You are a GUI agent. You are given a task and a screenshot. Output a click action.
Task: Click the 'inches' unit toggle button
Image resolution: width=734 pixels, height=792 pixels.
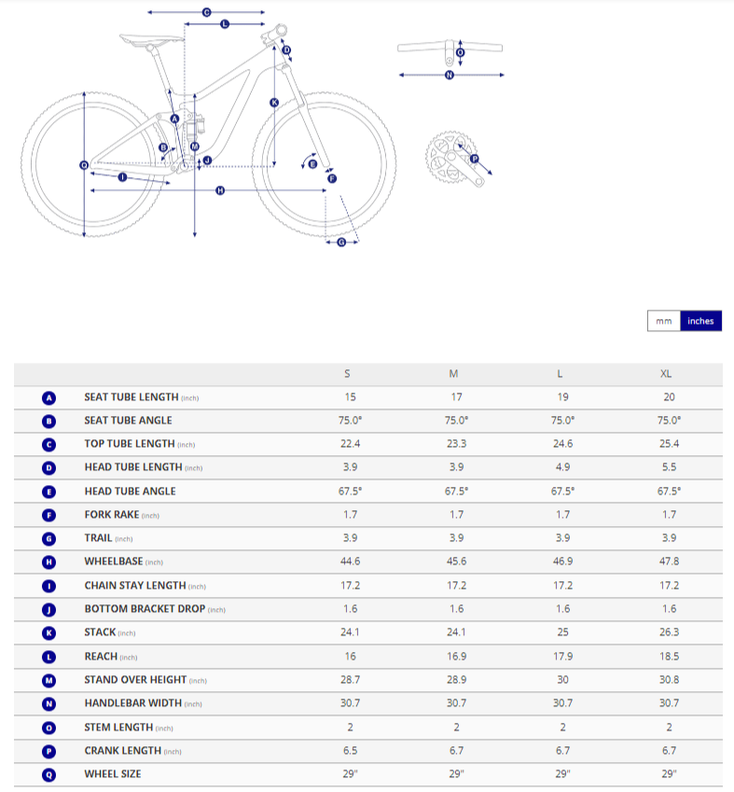click(x=700, y=321)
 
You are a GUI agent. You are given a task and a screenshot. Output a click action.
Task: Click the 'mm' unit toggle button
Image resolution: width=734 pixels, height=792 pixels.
click(x=663, y=321)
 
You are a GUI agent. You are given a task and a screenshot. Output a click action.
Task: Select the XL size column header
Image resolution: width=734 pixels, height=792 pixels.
click(x=666, y=374)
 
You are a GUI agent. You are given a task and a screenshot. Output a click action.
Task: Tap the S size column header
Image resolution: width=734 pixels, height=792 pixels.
click(x=348, y=374)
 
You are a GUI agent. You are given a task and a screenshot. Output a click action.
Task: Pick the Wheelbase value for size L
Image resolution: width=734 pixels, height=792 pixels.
click(x=560, y=562)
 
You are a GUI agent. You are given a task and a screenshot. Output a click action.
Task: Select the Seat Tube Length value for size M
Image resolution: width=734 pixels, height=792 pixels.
click(x=454, y=397)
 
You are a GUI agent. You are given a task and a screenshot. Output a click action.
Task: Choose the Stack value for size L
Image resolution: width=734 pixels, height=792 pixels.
click(x=560, y=632)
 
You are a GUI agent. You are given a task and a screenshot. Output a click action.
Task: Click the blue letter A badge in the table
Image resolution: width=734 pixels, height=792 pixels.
click(x=49, y=397)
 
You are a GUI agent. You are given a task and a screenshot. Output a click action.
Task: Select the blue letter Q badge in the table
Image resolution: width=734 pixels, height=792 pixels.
click(x=49, y=773)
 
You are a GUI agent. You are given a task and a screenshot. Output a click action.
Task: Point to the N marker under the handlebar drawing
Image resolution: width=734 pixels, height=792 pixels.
click(x=450, y=75)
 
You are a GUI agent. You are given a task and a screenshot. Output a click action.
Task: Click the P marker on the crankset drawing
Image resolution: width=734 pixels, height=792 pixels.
click(x=474, y=160)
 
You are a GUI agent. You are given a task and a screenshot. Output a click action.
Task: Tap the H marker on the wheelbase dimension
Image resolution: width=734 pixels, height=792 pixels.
click(x=220, y=190)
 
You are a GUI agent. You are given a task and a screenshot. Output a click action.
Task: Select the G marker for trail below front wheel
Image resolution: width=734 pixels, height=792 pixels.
click(x=340, y=243)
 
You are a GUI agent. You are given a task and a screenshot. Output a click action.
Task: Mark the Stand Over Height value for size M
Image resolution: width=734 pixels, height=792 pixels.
click(x=454, y=679)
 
